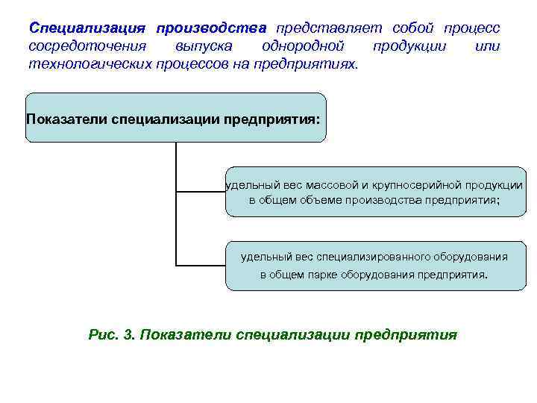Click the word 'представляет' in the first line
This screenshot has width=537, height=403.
pos(329,28)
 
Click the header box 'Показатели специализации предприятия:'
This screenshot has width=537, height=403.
pos(176,118)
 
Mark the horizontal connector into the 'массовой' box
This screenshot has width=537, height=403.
pos(200,192)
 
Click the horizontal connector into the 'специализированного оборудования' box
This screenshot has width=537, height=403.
pos(200,265)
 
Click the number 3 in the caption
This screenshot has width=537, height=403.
pos(129,334)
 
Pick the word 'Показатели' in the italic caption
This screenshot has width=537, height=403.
pos(184,334)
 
